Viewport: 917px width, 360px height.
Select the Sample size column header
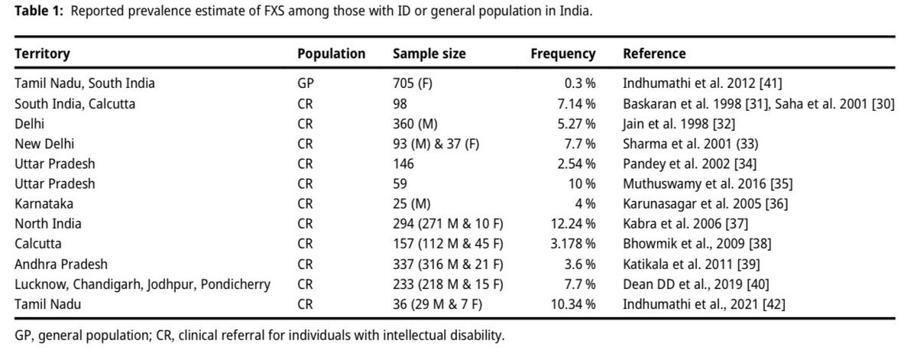click(x=429, y=54)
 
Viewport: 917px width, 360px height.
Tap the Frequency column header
click(x=562, y=54)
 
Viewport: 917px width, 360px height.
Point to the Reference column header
click(x=654, y=54)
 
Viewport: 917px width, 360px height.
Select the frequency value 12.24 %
click(x=575, y=224)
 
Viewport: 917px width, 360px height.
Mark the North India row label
click(x=47, y=224)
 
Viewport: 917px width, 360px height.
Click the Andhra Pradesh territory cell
click(x=61, y=264)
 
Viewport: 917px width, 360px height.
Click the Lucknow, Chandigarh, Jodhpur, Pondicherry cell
click(x=142, y=285)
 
